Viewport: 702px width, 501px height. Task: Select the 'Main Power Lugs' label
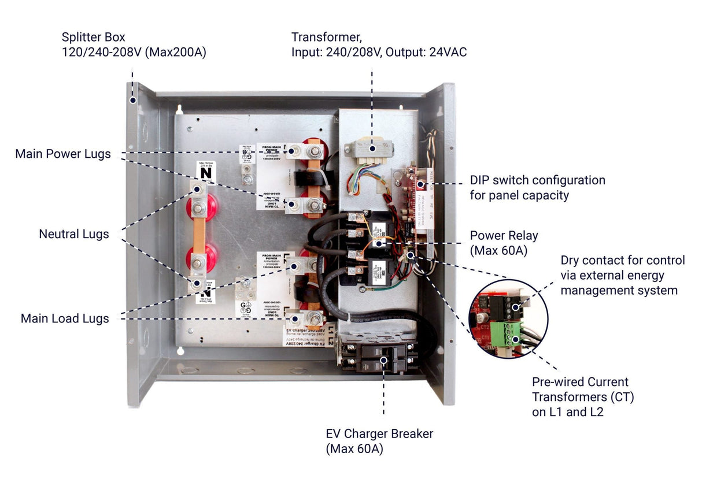point(63,154)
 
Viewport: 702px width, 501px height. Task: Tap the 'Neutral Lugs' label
point(73,234)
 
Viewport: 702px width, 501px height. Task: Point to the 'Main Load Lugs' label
point(65,318)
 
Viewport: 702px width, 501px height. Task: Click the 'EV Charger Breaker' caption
point(379,433)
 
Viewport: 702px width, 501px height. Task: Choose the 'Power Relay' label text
point(503,235)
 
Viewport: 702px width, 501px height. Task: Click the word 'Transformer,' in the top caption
point(327,38)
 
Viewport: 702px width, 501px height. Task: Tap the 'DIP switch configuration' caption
point(537,180)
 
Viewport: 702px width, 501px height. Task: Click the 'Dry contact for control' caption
point(622,261)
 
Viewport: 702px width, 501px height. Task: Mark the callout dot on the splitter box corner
point(132,99)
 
